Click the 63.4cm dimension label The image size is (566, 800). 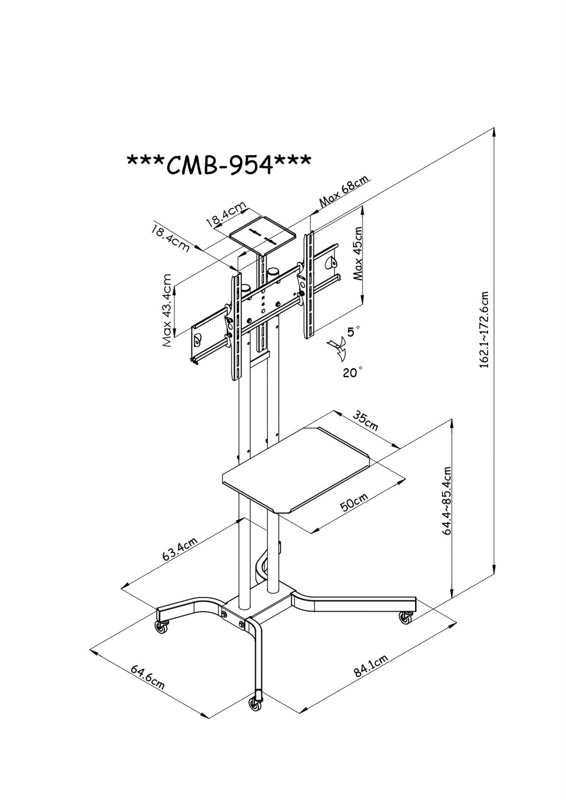(180, 549)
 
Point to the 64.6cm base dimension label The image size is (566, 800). (147, 676)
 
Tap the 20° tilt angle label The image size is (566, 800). (353, 372)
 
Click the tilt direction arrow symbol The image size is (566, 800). (336, 349)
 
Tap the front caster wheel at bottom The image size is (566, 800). (256, 704)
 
